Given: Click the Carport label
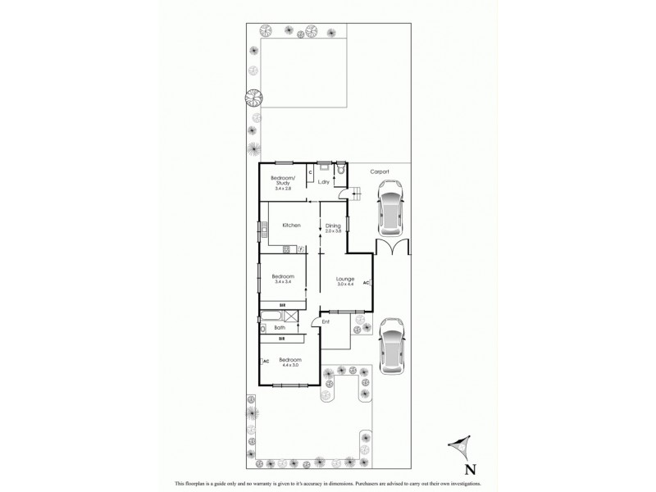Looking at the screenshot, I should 380,171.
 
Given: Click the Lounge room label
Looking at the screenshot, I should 345,279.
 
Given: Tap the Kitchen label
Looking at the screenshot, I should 291,225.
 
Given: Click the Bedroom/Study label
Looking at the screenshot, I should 283,180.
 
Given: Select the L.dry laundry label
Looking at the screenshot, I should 323,182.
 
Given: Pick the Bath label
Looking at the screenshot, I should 280,328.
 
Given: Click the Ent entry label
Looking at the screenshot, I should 326,321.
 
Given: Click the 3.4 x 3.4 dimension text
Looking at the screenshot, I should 283,282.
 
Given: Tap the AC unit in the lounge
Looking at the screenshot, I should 367,284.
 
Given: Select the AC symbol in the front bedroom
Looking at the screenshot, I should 266,360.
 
